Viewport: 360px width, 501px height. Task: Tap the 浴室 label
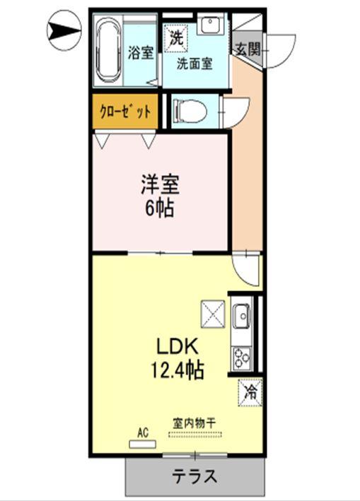click(x=141, y=52)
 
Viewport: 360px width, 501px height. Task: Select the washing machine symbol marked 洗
click(x=175, y=36)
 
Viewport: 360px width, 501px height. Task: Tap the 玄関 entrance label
click(x=248, y=49)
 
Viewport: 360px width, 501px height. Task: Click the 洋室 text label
click(x=159, y=185)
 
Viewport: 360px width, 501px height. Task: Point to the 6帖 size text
click(x=159, y=209)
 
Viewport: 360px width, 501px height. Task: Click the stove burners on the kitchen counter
click(x=240, y=355)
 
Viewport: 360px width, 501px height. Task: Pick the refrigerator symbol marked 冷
click(x=248, y=389)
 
